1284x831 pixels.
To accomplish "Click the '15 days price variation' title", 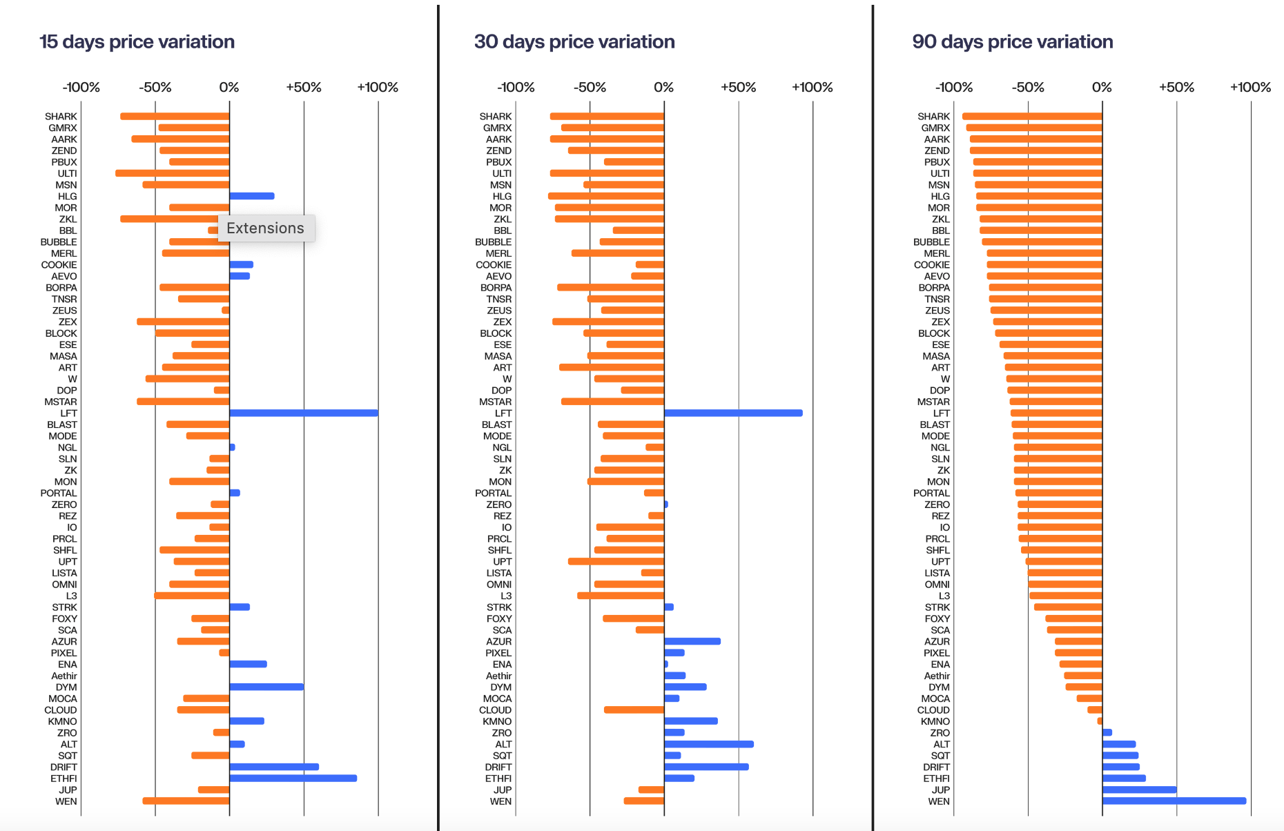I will (x=137, y=42).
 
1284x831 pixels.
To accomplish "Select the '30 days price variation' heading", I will (x=574, y=42).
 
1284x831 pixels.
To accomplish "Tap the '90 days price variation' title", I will (x=1012, y=42).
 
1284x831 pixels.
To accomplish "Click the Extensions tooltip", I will (x=266, y=228).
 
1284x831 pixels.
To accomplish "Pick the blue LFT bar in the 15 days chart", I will (x=304, y=413).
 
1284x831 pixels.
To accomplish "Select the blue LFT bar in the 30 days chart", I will (x=733, y=413).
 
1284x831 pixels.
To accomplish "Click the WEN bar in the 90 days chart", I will (x=1174, y=801).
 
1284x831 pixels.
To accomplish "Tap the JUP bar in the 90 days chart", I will (x=1139, y=790).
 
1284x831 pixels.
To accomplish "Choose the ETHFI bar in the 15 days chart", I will (x=293, y=779).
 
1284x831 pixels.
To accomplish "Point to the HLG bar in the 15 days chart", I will (x=252, y=196).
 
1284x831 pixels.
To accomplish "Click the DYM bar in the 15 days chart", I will (x=266, y=687).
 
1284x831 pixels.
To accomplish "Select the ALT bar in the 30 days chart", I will (x=708, y=744).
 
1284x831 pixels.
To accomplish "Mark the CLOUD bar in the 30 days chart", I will (x=634, y=710).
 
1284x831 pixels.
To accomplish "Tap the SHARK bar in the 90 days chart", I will (x=1032, y=117).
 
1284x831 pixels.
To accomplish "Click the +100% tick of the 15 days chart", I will (x=378, y=88).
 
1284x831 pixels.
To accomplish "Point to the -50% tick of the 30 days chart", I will (x=590, y=88).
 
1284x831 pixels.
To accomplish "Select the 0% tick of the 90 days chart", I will (x=1102, y=88).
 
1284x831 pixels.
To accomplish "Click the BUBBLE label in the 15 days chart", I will (x=59, y=242).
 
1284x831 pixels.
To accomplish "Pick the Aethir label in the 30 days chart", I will (x=498, y=676).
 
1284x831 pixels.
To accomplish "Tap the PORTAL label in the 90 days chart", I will (x=931, y=493).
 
